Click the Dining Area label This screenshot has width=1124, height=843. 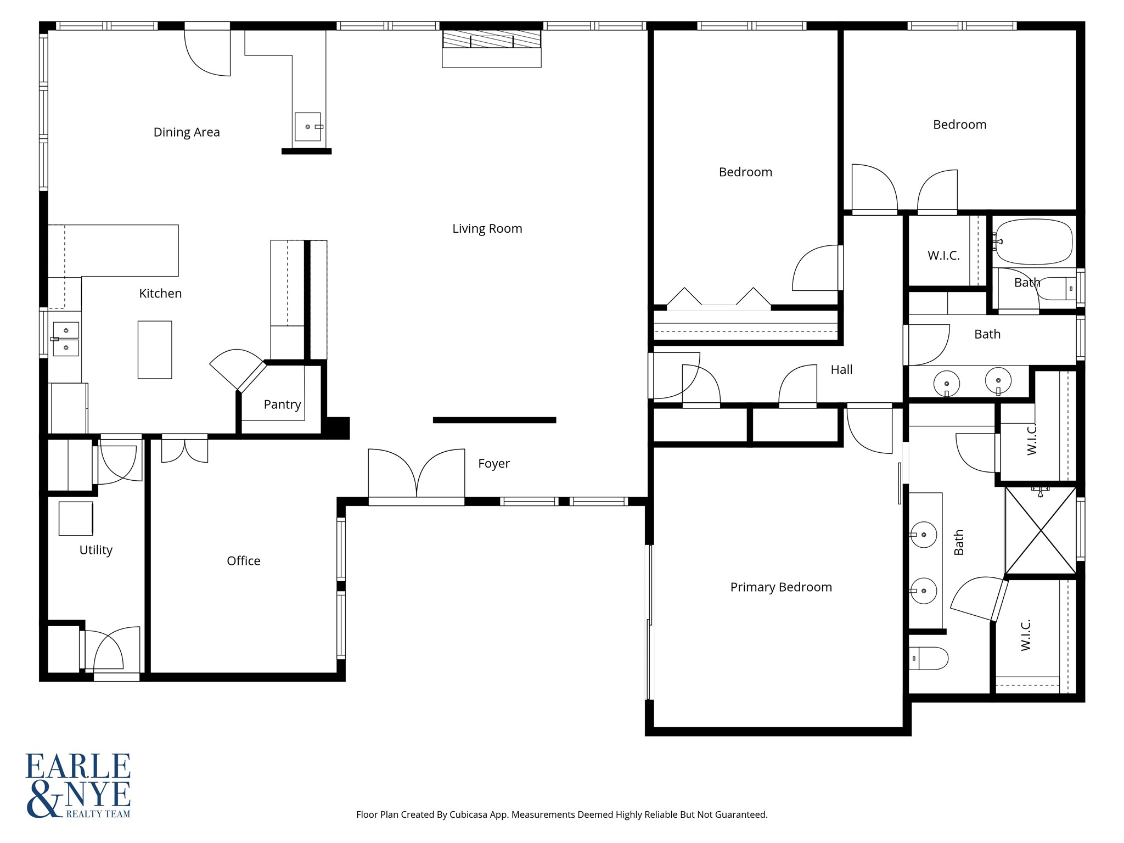[x=187, y=132]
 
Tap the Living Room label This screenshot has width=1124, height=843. [x=487, y=229]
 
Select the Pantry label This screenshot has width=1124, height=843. [x=282, y=404]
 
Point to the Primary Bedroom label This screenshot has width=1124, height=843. [x=781, y=587]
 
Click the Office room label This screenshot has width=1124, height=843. [x=243, y=561]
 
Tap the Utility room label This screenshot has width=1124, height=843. [x=96, y=550]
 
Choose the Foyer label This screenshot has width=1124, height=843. [x=494, y=464]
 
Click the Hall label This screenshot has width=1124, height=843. [x=841, y=370]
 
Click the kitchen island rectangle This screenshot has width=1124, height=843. [x=155, y=350]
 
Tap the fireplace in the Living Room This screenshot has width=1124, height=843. [x=492, y=49]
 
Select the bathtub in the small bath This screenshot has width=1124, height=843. [x=1033, y=242]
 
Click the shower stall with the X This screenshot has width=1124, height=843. [x=1041, y=531]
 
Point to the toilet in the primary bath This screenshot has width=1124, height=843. [x=929, y=658]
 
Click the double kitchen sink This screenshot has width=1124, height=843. [x=66, y=339]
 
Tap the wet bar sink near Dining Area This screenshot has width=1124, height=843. [x=308, y=127]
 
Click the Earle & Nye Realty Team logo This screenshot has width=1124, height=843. [x=78, y=785]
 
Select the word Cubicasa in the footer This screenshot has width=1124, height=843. [x=469, y=815]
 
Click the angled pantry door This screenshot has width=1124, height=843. [x=252, y=376]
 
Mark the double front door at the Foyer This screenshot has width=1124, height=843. [x=417, y=475]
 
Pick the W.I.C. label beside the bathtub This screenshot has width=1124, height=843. [x=943, y=256]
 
